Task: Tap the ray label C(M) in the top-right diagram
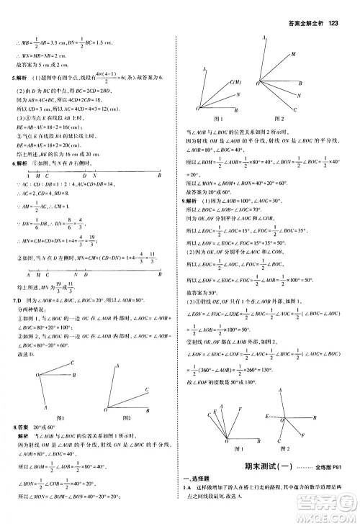[x=235, y=83]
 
